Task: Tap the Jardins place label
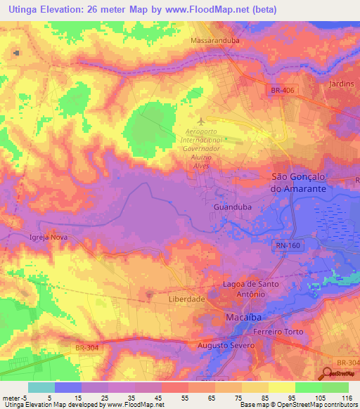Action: tap(341, 83)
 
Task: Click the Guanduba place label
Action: tap(228, 208)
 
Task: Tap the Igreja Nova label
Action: tap(48, 238)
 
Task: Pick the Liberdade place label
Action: tap(187, 299)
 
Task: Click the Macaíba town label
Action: tap(243, 317)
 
